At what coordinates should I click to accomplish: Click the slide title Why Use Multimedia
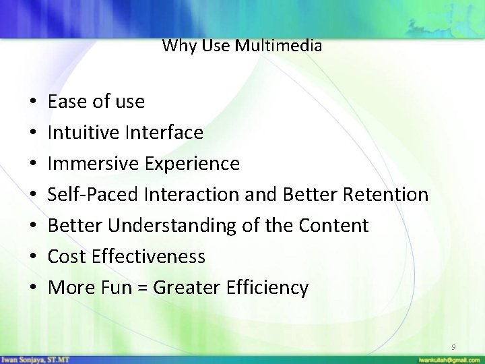242,46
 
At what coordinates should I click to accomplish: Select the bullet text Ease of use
96,102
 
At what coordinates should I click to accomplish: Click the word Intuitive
84,133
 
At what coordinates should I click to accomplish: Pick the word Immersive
90,164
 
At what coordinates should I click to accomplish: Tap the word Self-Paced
92,195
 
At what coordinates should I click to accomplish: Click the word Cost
66,257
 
